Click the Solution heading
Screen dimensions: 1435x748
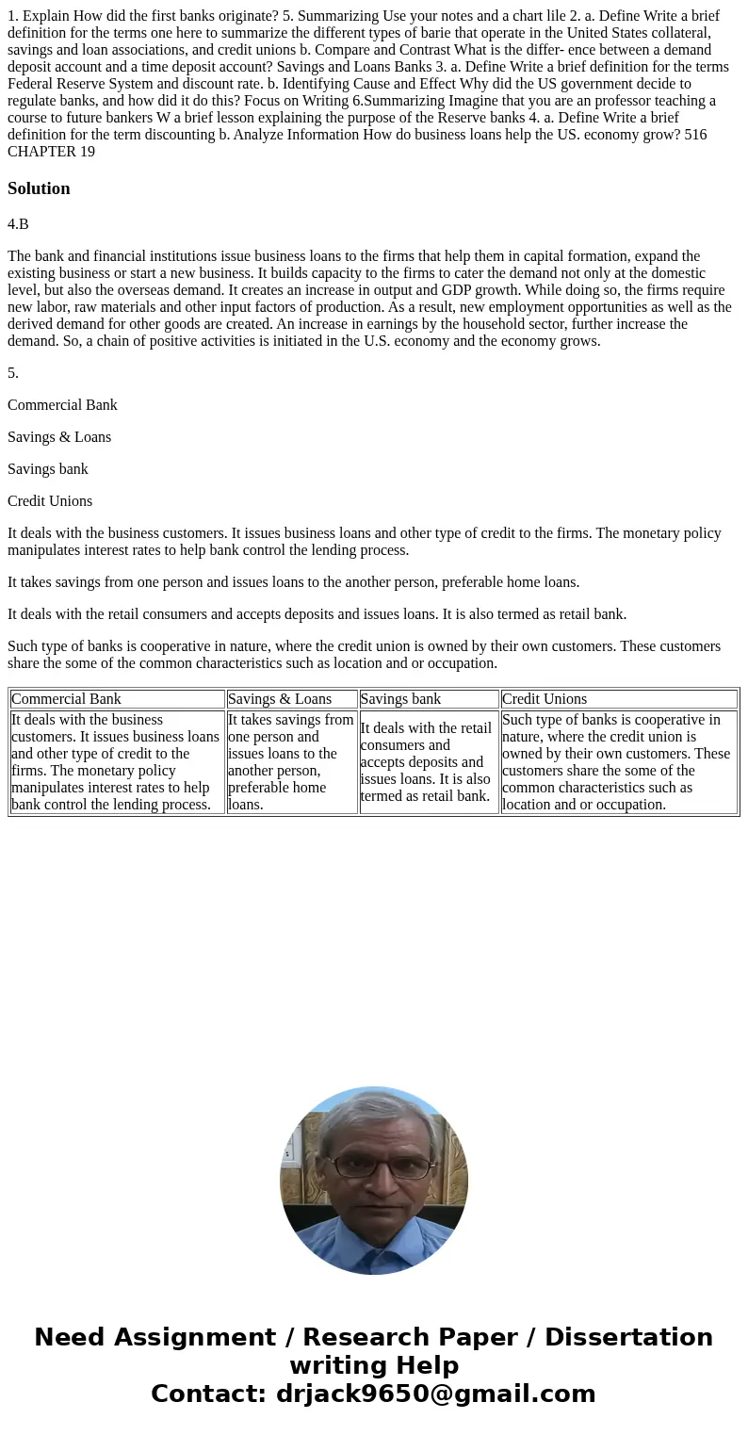[x=39, y=188]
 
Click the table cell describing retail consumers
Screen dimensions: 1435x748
[x=428, y=761]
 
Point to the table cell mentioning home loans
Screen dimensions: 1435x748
[x=291, y=761]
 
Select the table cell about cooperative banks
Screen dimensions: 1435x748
[x=618, y=761]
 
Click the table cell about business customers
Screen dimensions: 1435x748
[x=117, y=761]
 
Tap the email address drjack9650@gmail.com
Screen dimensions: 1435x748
[x=436, y=1394]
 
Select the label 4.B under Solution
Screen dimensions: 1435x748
[x=18, y=224]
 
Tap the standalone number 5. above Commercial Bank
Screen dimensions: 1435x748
[x=13, y=373]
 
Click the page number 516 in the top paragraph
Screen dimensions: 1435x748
[x=695, y=135]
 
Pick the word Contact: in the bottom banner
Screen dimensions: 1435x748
[x=209, y=1394]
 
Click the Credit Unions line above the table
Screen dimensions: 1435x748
[x=50, y=501]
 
